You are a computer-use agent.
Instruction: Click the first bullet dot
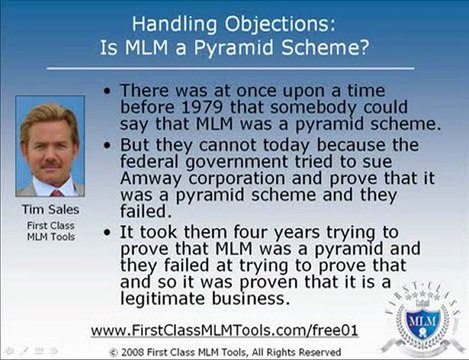coord(108,89)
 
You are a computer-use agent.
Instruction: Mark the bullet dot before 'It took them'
coord(108,230)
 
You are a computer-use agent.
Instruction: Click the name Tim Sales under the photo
coord(50,212)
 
